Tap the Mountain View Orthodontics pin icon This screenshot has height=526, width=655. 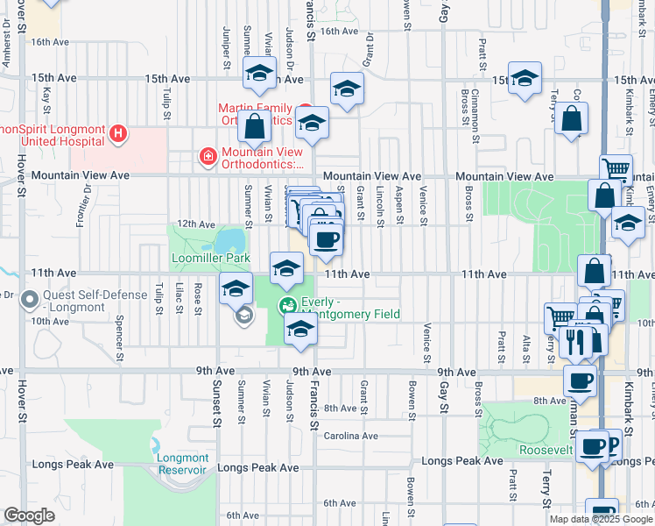(x=208, y=157)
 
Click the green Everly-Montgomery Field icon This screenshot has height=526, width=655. (x=287, y=307)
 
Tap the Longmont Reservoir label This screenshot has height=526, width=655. (x=184, y=463)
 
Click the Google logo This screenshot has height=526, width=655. (x=29, y=515)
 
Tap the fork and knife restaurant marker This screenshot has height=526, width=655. (x=575, y=339)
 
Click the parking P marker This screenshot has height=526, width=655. (x=612, y=443)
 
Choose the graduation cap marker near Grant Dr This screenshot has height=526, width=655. (x=347, y=89)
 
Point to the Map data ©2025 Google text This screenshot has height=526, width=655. (x=600, y=519)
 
